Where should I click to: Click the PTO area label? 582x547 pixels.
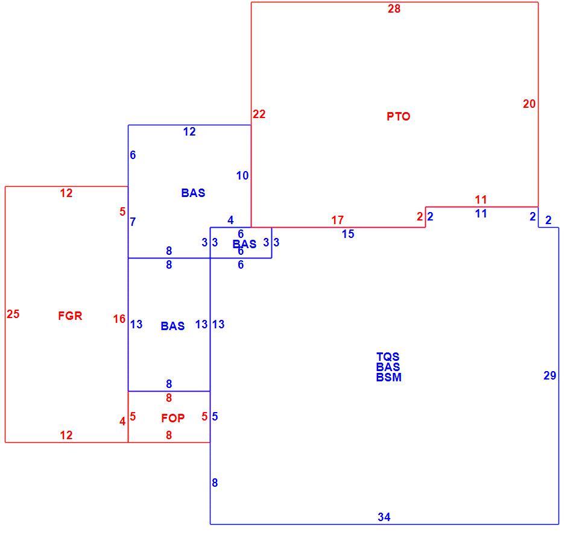coord(398,116)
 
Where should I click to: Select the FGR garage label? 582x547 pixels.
coord(70,316)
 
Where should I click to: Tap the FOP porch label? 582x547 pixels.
coord(173,418)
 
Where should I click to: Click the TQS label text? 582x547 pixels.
coord(388,357)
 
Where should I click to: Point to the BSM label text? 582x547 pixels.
coord(388,377)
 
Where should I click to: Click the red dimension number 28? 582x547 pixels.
coord(394,8)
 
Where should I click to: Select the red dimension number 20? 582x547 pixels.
coord(530,104)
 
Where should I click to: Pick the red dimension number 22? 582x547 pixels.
coord(259,114)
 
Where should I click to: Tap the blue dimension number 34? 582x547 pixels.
coord(384,517)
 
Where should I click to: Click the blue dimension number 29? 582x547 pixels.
coord(549,376)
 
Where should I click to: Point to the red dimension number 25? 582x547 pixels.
coord(13,314)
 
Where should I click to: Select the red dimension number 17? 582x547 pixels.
coord(337,220)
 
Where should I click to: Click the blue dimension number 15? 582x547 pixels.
coord(348,234)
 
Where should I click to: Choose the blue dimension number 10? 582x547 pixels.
coord(242,176)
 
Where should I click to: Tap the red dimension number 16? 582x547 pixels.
coord(119,319)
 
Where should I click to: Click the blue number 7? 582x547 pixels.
coord(133,222)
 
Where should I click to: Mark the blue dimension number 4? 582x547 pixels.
coord(230,220)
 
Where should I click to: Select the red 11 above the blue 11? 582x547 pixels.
coord(481,200)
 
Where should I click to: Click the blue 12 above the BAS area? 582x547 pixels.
coord(189,132)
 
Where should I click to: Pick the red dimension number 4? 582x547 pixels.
coord(122,422)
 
